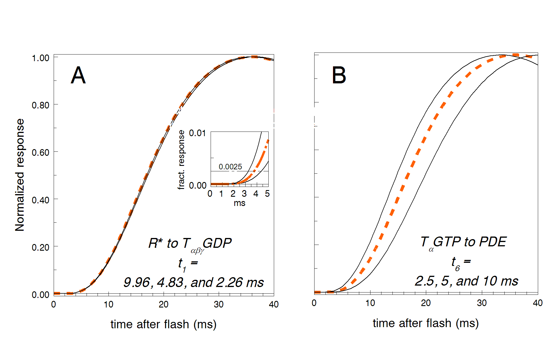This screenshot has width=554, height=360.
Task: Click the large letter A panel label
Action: tap(78, 75)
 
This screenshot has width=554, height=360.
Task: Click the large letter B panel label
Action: tap(339, 75)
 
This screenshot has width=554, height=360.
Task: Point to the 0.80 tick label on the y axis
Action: tap(40, 105)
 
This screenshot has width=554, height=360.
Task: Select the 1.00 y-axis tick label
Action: tap(40, 58)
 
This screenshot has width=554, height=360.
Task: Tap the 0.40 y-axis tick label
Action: tap(40, 200)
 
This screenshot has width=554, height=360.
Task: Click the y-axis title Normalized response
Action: tap(20, 175)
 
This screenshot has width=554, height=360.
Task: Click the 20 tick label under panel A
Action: tap(164, 304)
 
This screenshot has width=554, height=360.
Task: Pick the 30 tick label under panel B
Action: tap(482, 303)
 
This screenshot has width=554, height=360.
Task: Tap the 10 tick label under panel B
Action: tap(370, 303)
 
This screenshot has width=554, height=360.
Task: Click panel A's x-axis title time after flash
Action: tap(163, 324)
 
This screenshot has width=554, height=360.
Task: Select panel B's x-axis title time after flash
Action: tap(426, 323)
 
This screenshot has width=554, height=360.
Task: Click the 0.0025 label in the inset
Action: tap(230, 167)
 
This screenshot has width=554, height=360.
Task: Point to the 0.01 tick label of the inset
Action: tap(197, 133)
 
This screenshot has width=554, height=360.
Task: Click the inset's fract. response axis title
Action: tap(181, 160)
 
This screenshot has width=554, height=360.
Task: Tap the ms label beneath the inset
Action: tap(239, 203)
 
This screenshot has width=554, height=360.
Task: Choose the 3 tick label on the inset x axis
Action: tap(244, 194)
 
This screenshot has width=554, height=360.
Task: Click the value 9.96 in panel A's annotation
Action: tap(137, 282)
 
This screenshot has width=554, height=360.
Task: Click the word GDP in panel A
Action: tap(217, 243)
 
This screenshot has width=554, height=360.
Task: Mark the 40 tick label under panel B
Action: tap(538, 303)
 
